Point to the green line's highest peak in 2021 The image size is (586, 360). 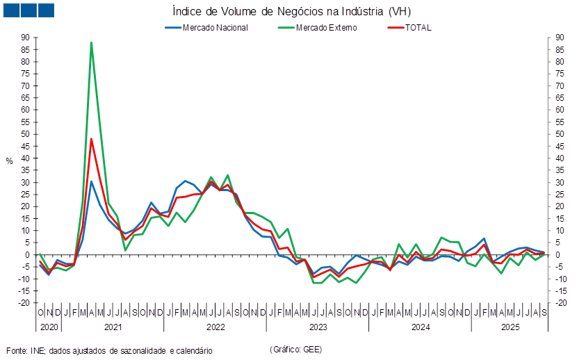91,43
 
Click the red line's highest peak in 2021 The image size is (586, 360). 91,139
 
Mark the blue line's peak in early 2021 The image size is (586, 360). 91,181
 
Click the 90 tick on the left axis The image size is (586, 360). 24,38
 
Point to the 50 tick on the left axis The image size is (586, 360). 24,134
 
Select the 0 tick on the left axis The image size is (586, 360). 26,254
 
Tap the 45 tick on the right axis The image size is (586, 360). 560,146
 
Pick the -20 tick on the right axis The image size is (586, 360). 560,303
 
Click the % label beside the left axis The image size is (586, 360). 10,161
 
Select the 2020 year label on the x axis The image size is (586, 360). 48,326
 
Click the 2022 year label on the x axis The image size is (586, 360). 215,326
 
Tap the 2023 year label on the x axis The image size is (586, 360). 318,326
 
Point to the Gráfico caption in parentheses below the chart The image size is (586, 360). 295,348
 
